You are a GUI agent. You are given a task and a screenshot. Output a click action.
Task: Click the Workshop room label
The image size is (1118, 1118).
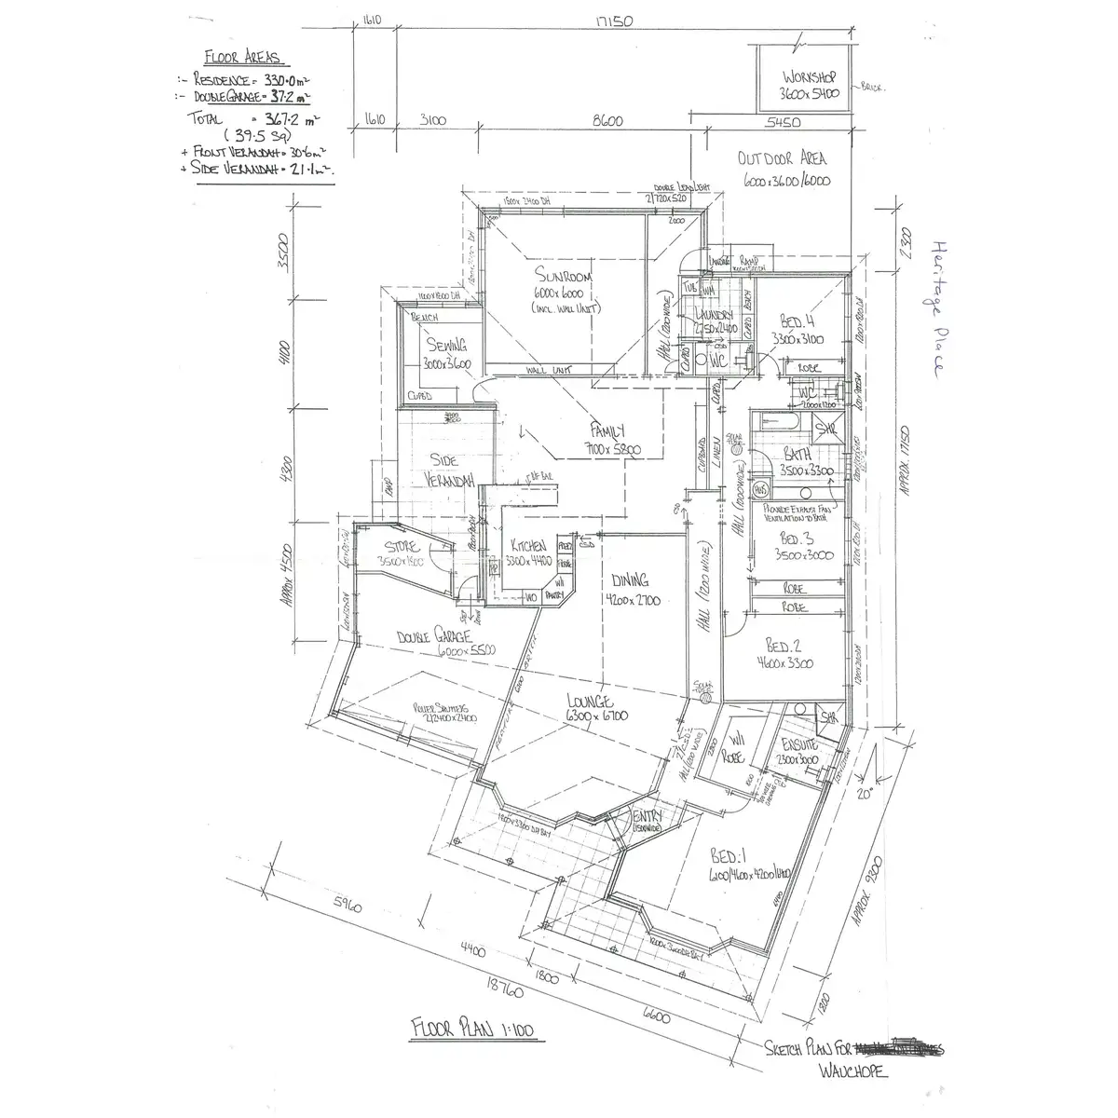tap(810, 76)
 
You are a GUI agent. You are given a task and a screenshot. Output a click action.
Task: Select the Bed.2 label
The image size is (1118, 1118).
tap(784, 647)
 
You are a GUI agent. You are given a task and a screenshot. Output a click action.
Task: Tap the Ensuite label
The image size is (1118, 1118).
tap(799, 744)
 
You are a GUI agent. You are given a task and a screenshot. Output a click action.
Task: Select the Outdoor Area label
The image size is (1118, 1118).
tap(782, 158)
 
